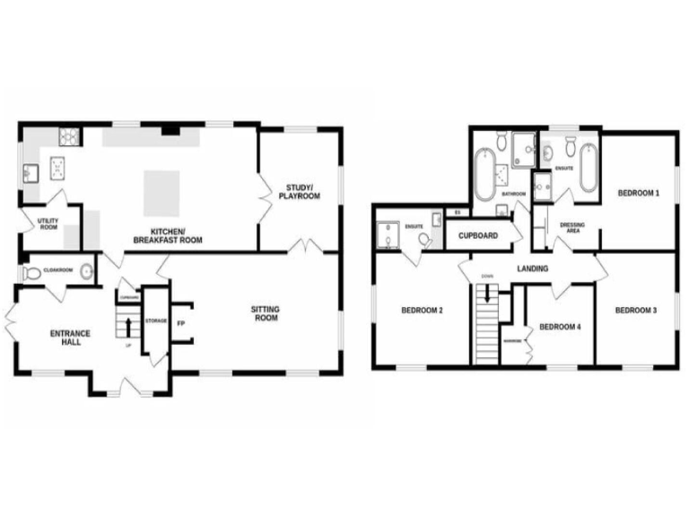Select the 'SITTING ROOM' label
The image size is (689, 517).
click(265, 313)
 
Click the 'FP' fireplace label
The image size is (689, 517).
click(180, 322)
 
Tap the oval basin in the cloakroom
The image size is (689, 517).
click(87, 271)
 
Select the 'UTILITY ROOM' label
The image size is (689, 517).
click(48, 223)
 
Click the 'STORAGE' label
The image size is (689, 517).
click(155, 320)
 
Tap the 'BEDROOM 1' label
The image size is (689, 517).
click(638, 193)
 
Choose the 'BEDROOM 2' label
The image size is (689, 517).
click(422, 311)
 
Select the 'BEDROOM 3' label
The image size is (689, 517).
click(636, 311)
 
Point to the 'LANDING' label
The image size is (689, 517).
click(533, 268)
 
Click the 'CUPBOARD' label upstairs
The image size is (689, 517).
click(478, 236)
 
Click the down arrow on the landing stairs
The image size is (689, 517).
click(487, 294)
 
